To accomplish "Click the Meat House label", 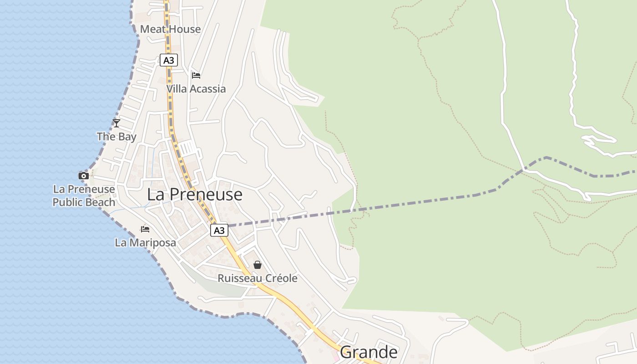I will [x=170, y=29].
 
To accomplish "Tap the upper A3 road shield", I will [x=168, y=60].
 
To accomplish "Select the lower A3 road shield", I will [x=219, y=230].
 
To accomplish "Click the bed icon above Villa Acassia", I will [x=196, y=75].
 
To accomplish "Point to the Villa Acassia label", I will [x=196, y=89].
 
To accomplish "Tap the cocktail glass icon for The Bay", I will [x=116, y=123].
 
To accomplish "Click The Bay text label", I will [x=116, y=136].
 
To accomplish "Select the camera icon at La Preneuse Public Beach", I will [x=83, y=176].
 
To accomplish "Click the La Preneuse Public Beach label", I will [x=84, y=196].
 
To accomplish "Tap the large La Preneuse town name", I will [x=194, y=195].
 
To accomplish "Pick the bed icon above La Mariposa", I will [x=145, y=229].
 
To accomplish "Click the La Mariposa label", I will [x=145, y=243].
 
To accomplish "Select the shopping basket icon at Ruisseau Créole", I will [x=258, y=265].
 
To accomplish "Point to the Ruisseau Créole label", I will [x=258, y=278].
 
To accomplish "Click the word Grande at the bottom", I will [x=369, y=352].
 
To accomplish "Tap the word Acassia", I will [x=207, y=89].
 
